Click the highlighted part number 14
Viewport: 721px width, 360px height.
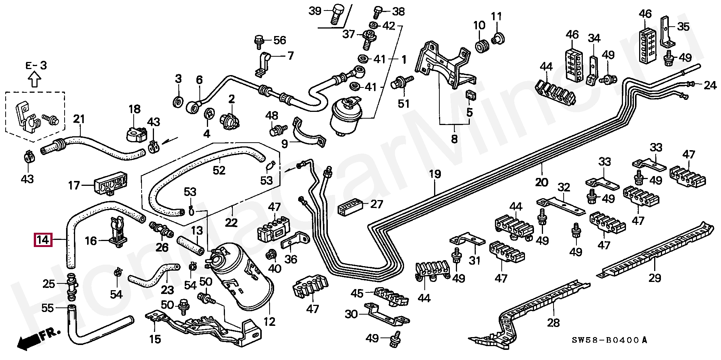(43, 239)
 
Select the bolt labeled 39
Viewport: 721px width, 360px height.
(335, 15)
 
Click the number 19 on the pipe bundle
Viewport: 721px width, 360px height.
(434, 175)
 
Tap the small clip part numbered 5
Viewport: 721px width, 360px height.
(469, 96)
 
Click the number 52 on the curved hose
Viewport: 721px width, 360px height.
(219, 170)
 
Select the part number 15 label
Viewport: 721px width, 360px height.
(155, 339)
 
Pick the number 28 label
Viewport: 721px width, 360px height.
(554, 322)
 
